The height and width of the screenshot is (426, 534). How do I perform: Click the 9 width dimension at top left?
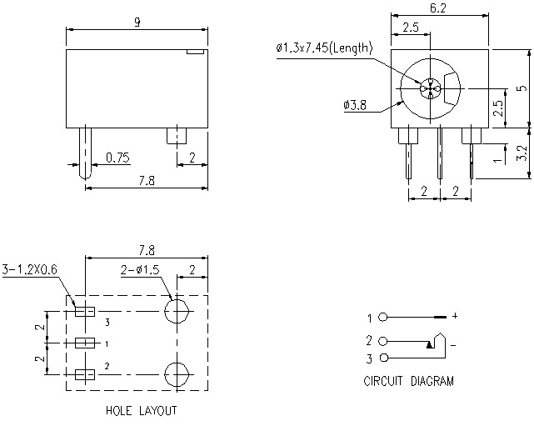point(137,23)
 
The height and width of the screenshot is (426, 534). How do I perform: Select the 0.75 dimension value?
point(117,158)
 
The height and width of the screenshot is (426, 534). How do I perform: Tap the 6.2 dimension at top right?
point(438,8)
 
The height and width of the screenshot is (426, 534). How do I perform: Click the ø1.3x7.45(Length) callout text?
point(324,48)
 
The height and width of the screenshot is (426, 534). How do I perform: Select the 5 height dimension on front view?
point(521,88)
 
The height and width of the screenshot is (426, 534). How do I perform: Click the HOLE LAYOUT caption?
point(141,411)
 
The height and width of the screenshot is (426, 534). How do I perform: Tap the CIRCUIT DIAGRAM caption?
point(408,382)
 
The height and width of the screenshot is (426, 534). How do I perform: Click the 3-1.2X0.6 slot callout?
point(32,269)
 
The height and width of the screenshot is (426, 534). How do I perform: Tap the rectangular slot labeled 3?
point(84,312)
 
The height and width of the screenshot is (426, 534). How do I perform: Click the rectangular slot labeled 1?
point(84,343)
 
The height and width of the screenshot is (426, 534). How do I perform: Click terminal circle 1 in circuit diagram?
point(383,318)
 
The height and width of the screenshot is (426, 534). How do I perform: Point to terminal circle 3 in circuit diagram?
point(383,358)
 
